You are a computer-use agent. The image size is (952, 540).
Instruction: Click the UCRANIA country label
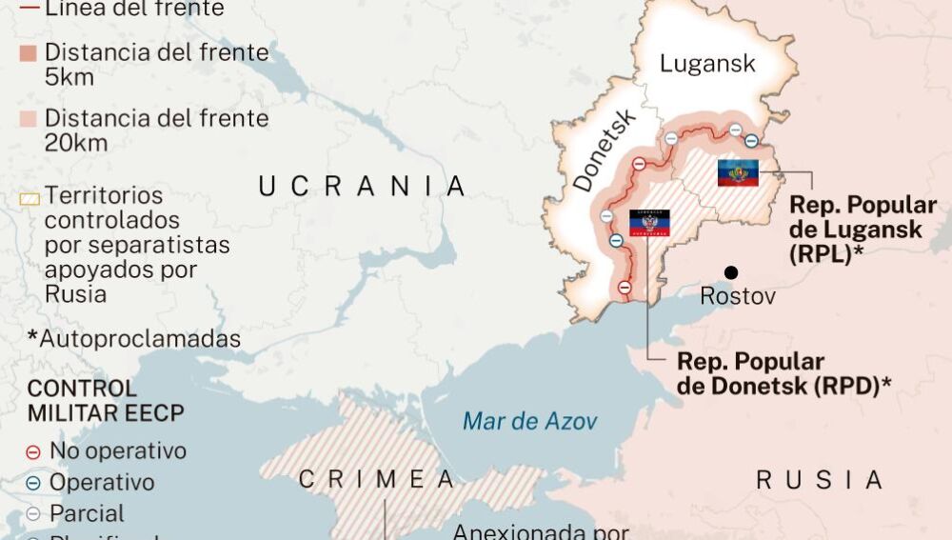[x=363, y=187]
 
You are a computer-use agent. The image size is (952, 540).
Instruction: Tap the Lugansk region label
[x=707, y=64]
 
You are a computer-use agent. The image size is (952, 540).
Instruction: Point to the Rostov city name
[x=737, y=296]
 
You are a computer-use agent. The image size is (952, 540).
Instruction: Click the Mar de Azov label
[x=529, y=420]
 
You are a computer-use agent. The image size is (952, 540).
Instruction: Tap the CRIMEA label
[x=376, y=480]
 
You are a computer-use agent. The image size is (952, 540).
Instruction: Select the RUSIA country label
[x=819, y=480]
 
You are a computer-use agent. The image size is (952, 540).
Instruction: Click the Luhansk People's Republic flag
[x=738, y=172]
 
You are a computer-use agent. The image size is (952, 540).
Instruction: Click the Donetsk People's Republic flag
[x=649, y=223]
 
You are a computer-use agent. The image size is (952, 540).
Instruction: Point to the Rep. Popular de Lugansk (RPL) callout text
[x=863, y=230]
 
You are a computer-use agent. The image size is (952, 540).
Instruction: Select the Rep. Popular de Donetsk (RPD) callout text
[x=784, y=373]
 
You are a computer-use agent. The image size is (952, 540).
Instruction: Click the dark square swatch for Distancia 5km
[x=30, y=53]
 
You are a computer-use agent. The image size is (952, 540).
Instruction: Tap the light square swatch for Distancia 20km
[x=30, y=120]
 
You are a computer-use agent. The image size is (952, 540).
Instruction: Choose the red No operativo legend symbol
[x=33, y=451]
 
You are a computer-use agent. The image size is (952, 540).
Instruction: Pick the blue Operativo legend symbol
[x=33, y=483]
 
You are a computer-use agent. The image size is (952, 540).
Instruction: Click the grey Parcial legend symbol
[x=33, y=514]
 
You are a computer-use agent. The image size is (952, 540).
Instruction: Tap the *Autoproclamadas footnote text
[x=133, y=339]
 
